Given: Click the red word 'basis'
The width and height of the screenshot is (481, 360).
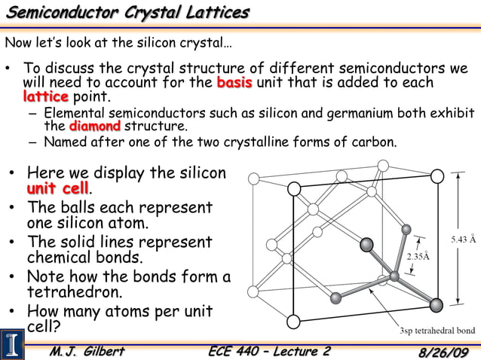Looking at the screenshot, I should [234, 82].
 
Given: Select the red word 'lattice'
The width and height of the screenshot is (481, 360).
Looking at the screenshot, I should [45, 96].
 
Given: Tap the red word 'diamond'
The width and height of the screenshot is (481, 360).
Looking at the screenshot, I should [94, 126].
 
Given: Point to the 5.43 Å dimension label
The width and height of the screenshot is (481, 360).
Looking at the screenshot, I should [463, 239].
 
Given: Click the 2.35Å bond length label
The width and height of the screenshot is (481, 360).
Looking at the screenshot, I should [418, 256].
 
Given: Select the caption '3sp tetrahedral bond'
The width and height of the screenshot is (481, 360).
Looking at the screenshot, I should [437, 331].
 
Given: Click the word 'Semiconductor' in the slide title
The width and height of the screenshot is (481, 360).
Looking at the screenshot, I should [67, 13].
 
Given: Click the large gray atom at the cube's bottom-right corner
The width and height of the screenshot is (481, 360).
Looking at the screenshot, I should [436, 305].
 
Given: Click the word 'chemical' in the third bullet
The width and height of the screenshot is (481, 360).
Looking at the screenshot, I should [63, 258].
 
